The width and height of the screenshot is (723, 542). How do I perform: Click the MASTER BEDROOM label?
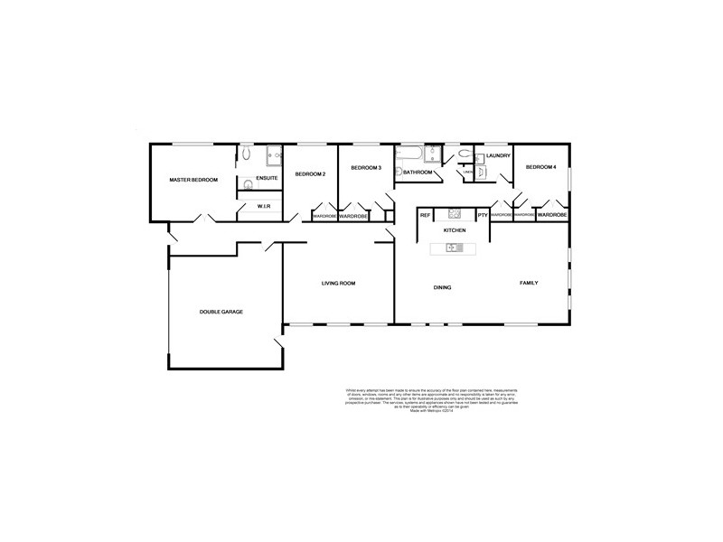[194, 180]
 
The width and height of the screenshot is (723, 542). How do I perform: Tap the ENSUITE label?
[267, 178]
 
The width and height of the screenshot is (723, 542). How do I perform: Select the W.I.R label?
[265, 208]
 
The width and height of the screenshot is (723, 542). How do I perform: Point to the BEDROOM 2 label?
[310, 173]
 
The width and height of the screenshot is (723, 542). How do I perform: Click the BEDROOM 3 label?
[366, 167]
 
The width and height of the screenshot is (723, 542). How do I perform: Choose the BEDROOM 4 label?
[541, 167]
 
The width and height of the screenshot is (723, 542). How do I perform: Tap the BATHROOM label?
[418, 172]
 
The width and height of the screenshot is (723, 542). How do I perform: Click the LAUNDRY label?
[499, 155]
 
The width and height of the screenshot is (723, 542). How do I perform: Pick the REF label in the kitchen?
[425, 215]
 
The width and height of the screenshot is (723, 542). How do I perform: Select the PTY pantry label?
[483, 215]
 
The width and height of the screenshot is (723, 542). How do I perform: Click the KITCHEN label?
[455, 231]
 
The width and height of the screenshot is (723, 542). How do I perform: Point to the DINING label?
[442, 287]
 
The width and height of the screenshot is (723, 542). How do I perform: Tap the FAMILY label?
[529, 283]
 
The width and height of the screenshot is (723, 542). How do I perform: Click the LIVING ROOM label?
[339, 284]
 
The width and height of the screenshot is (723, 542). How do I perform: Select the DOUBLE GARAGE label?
[221, 312]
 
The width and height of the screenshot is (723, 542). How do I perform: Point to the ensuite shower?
[272, 157]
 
